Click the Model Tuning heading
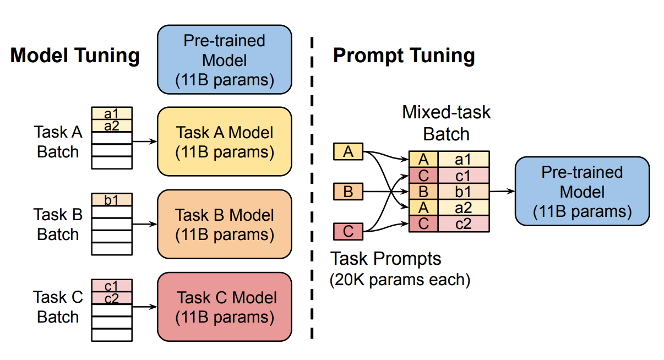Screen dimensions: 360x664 tap(75, 56)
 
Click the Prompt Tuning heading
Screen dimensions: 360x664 tap(404, 56)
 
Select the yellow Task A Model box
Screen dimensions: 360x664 tap(225, 141)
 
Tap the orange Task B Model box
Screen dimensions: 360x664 tap(225, 224)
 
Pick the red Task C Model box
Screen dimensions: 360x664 tap(225, 307)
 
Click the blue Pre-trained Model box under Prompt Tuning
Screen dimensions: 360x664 tap(582, 192)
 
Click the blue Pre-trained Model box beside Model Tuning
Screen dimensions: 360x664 tap(225, 59)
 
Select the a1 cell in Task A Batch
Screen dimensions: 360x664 tap(112, 113)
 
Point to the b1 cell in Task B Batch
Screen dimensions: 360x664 tap(112, 199)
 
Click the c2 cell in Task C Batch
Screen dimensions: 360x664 tap(112, 298)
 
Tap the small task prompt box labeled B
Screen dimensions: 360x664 tap(348, 192)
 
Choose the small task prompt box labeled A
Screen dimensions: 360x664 tap(348, 151)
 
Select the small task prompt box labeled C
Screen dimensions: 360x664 tap(348, 232)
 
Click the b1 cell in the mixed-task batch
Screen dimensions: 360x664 tap(463, 192)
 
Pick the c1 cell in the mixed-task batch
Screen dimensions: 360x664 tap(463, 176)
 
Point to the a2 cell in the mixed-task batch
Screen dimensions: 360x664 tap(463, 208)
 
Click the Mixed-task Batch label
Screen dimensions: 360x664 tap(446, 123)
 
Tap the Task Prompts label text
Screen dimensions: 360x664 tap(385, 258)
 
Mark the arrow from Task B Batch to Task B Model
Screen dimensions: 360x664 tap(144, 224)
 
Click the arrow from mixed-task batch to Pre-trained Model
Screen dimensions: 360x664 tap(502, 192)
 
